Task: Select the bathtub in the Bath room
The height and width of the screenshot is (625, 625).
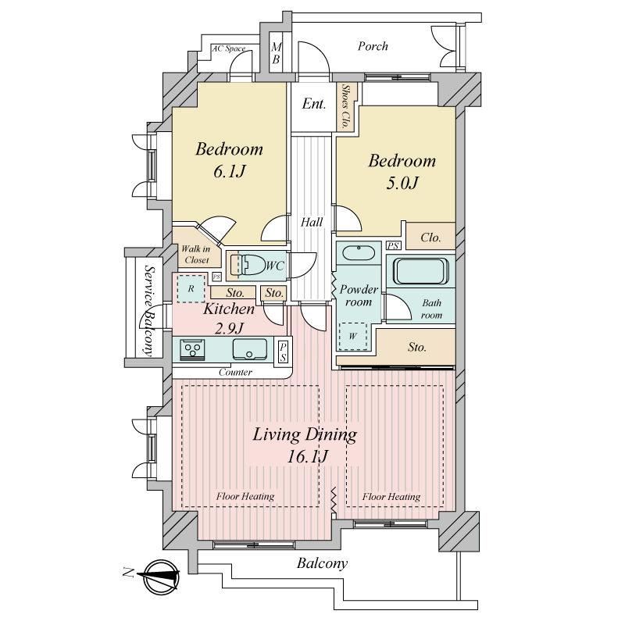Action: coord(421,271)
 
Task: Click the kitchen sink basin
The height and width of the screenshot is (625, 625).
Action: coord(249,349)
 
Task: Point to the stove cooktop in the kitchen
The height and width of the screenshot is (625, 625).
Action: coord(192,349)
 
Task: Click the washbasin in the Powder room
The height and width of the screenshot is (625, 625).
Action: coord(359,253)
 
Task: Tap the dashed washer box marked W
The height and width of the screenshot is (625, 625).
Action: coord(353,337)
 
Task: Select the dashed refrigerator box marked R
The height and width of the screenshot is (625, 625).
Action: coord(191,288)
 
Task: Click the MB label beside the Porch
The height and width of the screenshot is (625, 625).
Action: coord(276,53)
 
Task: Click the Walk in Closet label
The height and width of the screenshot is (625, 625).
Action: coord(195,255)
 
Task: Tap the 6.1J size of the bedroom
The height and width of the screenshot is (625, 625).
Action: coord(229,172)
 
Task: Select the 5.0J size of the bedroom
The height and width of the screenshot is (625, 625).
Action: coord(402,184)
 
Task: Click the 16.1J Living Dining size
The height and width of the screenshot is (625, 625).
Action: coord(307,456)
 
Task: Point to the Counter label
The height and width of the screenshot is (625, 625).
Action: coord(235,373)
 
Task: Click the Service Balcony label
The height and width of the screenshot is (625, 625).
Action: coord(148,311)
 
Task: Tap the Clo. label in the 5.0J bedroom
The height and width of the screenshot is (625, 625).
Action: coord(430,237)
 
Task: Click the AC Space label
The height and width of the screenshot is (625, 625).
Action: coord(228,48)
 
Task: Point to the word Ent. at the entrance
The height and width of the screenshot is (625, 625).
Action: coord(314,104)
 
